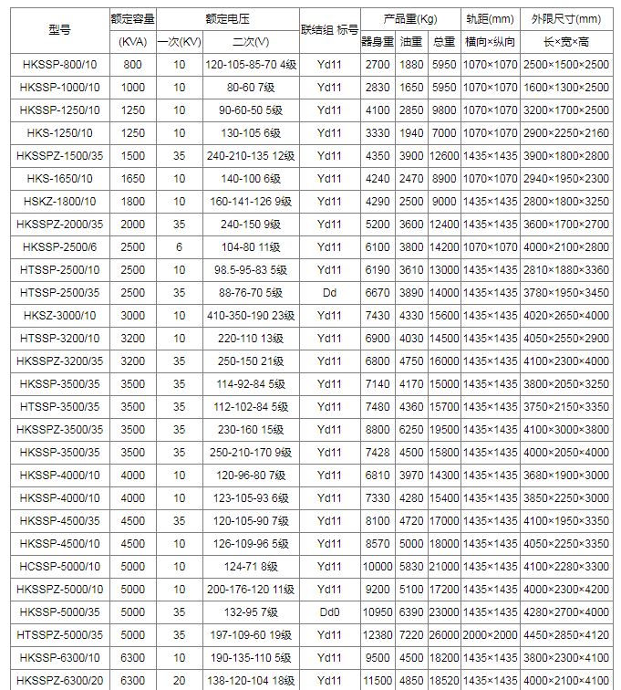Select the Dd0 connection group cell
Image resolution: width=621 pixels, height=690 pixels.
329,612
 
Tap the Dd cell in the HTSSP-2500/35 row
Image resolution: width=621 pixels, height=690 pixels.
329,292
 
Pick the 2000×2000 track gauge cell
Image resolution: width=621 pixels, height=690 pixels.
491,634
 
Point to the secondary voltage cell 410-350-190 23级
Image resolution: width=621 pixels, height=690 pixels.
251,315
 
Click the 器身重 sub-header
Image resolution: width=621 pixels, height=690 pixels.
377,42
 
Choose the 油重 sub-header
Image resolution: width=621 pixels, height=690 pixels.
412,42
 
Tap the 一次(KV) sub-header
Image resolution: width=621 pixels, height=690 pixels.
179,42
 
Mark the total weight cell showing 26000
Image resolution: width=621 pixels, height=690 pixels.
445,634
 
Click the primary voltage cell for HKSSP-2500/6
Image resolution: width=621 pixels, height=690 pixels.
179,246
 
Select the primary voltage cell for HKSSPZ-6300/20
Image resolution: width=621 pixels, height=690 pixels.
179,680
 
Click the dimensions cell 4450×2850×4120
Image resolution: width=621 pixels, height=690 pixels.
566,634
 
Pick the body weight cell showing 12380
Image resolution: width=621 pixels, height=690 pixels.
377,634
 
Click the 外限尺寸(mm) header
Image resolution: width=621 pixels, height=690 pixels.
566,18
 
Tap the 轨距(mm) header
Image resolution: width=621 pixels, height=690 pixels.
491,18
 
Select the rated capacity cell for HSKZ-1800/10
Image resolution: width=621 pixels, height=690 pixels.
133,201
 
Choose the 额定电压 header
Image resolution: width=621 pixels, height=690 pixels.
228,18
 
